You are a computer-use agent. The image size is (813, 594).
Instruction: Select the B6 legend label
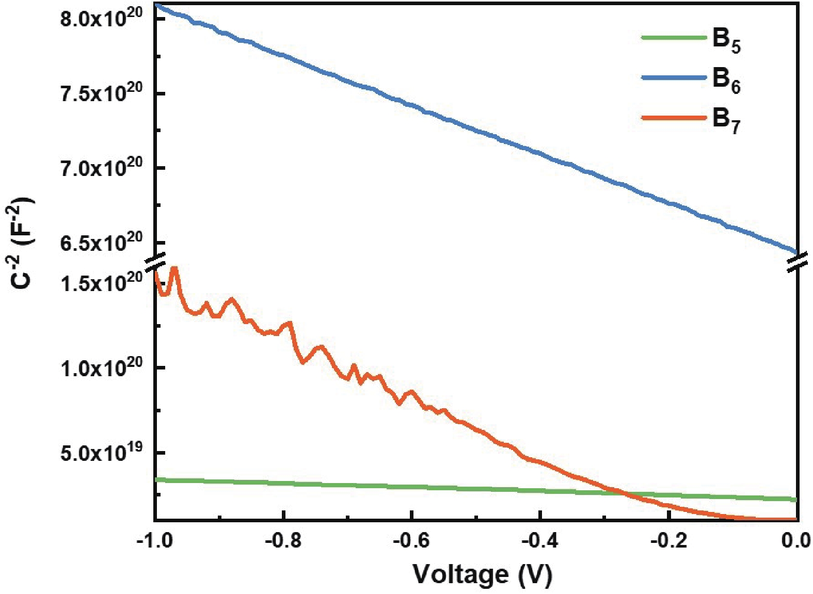726,79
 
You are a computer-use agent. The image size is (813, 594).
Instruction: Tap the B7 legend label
726,120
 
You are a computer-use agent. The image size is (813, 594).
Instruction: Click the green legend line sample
674,37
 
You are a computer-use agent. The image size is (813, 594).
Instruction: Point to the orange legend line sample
674,118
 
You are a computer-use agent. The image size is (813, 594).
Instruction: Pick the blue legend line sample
674,77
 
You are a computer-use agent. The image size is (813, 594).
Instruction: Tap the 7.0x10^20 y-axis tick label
101,168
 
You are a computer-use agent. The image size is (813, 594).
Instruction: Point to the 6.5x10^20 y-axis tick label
101,242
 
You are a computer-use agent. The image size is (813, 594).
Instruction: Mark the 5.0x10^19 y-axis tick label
101,452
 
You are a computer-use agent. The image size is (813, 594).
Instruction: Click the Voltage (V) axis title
482,574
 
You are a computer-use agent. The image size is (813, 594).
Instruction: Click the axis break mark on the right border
798,262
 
